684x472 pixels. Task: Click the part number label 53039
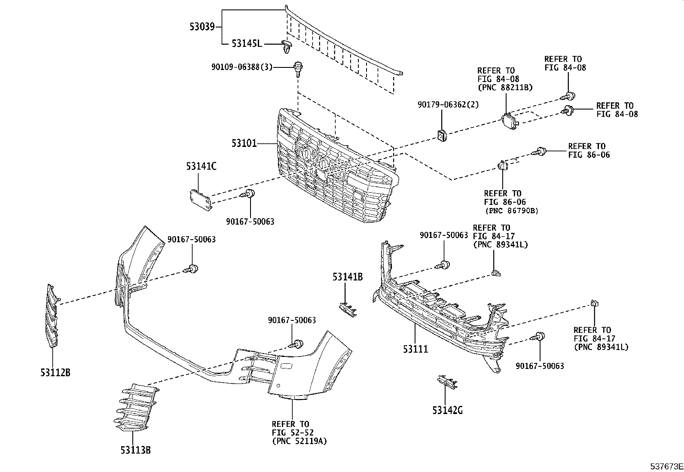click(x=202, y=27)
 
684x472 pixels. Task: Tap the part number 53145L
click(x=247, y=44)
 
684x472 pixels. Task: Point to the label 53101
click(x=244, y=143)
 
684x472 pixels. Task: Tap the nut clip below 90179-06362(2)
click(x=442, y=135)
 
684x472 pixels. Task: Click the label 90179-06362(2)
click(x=448, y=105)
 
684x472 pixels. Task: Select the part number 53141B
click(x=348, y=277)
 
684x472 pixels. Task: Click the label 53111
click(x=415, y=349)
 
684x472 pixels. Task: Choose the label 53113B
click(x=136, y=450)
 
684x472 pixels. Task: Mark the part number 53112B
click(x=55, y=372)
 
